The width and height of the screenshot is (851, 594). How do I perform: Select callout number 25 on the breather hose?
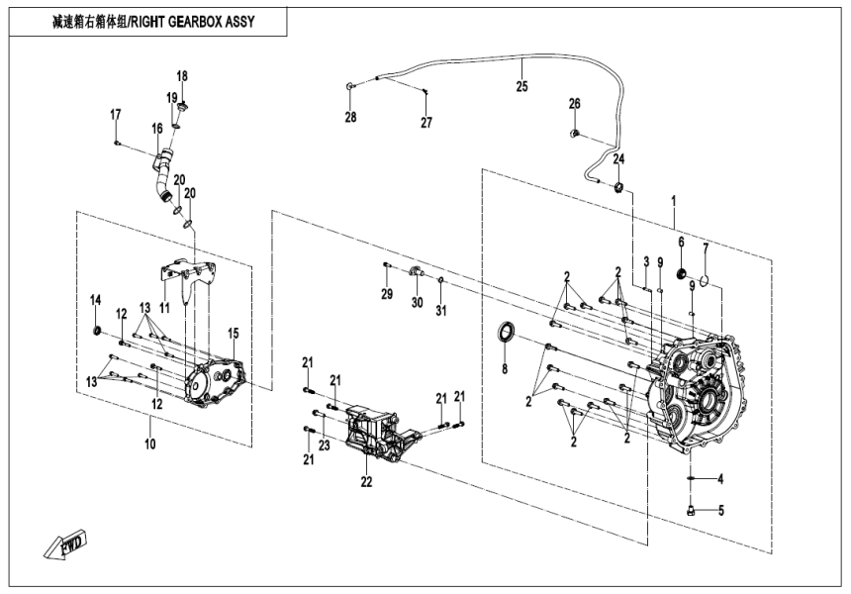point(522,86)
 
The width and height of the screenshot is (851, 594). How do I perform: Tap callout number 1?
point(674,200)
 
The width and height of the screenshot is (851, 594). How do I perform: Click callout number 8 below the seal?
point(504,370)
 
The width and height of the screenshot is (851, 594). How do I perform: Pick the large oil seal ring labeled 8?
point(506,333)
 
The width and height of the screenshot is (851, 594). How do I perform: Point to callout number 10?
point(150,445)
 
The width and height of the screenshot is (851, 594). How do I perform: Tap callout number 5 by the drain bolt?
point(720,512)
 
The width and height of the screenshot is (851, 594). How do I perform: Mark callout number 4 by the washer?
point(720,479)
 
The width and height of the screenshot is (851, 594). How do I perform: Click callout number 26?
point(574,104)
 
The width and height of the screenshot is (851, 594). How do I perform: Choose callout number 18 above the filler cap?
point(182,76)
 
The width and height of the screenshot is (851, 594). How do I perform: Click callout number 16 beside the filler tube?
point(156,128)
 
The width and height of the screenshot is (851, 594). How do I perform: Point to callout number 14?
point(96,301)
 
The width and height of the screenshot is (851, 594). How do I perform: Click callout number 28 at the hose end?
point(349,119)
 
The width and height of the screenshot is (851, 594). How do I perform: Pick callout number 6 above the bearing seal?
point(681,241)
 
